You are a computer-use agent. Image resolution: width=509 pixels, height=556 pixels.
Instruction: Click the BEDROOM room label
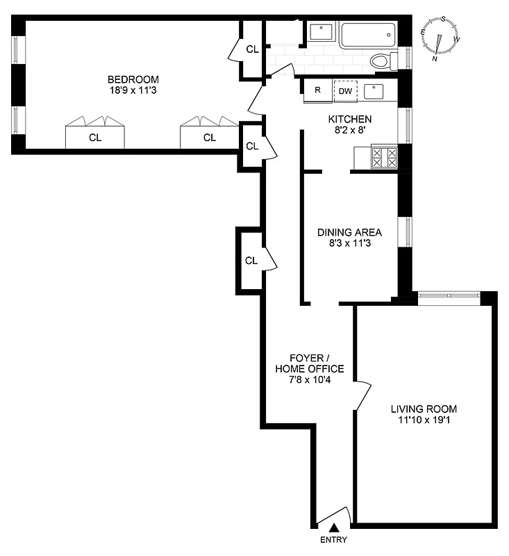pos(133,79)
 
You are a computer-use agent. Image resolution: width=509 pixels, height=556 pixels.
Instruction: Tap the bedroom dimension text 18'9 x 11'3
pos(133,90)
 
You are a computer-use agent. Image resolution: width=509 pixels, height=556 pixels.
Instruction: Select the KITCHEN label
pos(349,119)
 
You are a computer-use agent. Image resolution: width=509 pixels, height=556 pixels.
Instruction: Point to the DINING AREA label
pos(349,232)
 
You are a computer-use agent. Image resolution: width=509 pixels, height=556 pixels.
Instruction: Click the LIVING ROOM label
pos(424,409)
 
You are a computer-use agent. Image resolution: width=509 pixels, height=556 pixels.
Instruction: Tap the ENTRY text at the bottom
pos(333,540)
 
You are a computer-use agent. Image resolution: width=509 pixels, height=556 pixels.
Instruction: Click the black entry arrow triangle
pos(334,528)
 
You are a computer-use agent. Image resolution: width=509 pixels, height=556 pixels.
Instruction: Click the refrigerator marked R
pos(317,90)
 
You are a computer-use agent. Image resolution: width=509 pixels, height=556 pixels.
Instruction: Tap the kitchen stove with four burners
pos(384,156)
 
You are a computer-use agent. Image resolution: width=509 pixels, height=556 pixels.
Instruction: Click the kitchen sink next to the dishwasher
pos(374,90)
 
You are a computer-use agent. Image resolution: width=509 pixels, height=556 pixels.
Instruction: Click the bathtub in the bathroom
pos(367,34)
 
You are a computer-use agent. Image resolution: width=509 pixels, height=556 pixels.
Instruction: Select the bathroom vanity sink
pos(322,32)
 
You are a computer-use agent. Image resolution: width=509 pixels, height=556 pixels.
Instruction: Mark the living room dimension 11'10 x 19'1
pos(424,420)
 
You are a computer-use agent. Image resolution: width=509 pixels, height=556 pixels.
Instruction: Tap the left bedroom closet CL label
pos(94,138)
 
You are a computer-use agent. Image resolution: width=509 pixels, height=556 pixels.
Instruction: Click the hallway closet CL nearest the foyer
pos(251,261)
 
